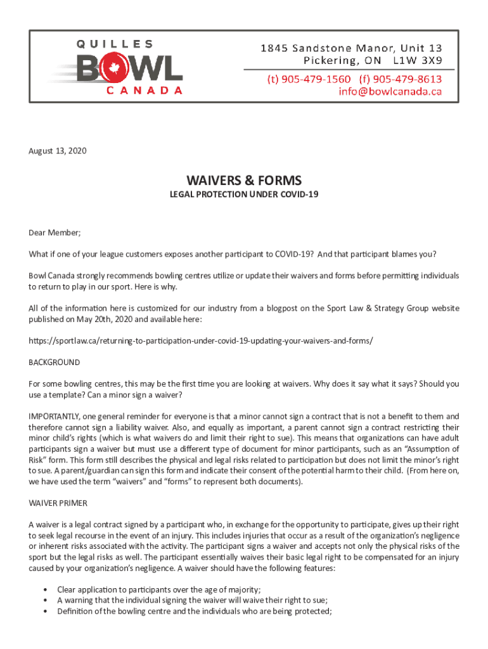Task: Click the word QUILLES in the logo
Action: (115, 44)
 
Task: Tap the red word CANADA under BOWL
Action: (144, 90)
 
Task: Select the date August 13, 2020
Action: (58, 151)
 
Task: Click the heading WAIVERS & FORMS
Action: (243, 180)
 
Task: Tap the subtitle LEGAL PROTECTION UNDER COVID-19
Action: (243, 194)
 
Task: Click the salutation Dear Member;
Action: (55, 233)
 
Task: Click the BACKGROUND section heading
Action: (55, 363)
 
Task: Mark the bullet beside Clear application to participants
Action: (46, 590)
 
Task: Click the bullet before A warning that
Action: (46, 601)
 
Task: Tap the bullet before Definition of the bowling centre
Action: (46, 612)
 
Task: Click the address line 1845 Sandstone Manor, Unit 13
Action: (354, 48)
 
